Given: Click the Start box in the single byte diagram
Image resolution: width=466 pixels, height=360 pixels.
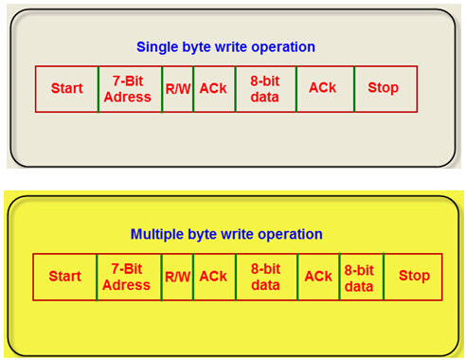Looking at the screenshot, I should pos(66,88).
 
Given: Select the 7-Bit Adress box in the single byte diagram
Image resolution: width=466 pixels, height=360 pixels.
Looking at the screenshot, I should pos(130,88).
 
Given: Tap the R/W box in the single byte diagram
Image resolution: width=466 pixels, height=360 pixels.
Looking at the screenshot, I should pos(177,88).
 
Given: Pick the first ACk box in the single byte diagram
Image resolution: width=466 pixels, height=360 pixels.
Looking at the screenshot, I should pos(213,88).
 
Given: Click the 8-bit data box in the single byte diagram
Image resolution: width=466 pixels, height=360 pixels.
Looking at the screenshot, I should pos(265,88).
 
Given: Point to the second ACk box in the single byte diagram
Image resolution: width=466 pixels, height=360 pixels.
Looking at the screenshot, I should pos(324,88).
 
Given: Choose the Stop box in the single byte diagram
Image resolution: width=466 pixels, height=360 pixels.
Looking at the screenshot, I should pos(385,88).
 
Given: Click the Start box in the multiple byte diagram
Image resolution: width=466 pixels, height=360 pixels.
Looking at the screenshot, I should pos(64,277).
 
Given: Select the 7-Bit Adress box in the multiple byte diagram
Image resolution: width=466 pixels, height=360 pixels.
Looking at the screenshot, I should pos(127,277).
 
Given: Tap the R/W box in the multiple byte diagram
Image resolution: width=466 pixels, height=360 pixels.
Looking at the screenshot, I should pos(177,277).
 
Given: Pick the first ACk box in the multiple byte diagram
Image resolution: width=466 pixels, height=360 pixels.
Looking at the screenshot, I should pos(213,277).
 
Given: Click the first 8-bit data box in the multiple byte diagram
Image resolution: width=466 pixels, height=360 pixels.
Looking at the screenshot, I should pos(266,277).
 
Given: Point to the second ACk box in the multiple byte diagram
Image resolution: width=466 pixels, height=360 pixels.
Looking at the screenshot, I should pos(318,277).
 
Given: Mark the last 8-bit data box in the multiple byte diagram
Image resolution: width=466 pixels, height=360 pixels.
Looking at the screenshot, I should pos(360,277).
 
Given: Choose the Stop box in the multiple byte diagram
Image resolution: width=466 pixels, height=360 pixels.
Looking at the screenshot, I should pos(413,277).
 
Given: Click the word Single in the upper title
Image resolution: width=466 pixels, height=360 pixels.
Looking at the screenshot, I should pos(156,46).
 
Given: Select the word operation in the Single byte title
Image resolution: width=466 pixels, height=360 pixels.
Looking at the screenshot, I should pos(282,46).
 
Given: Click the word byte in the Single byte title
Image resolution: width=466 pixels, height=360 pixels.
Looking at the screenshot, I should pos(195,46).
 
